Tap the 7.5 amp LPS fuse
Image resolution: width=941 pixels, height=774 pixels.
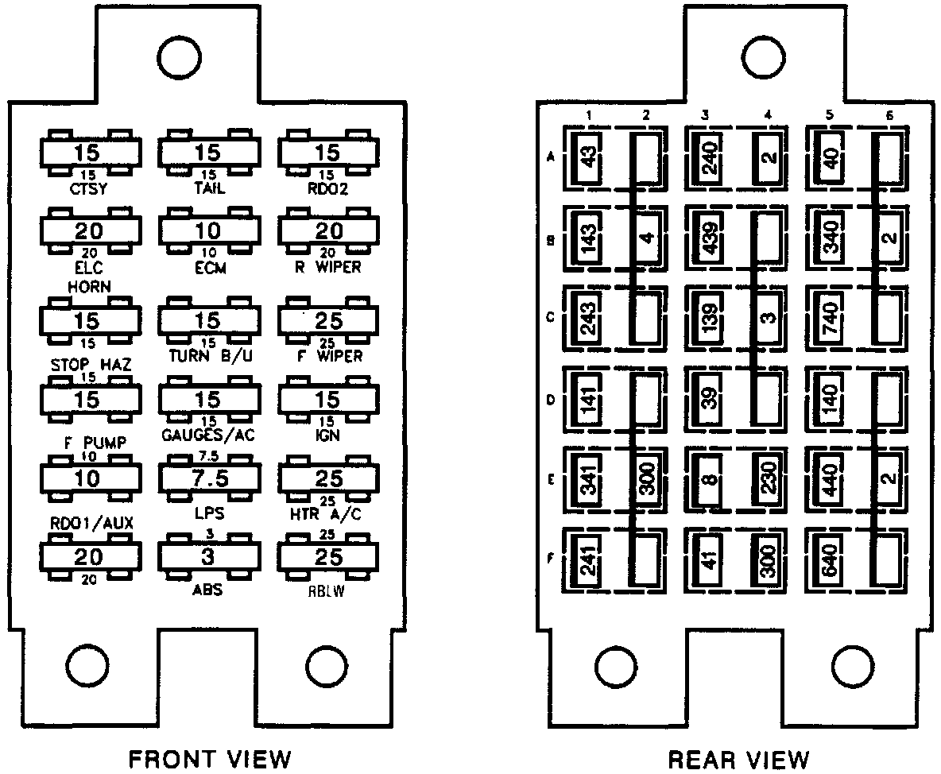[208, 478]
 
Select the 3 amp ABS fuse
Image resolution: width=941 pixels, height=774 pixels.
[208, 557]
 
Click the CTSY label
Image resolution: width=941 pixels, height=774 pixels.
[90, 188]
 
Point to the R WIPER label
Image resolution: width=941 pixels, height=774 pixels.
[328, 268]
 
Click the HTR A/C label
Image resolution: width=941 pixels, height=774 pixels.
[328, 515]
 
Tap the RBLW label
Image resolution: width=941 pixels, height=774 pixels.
[328, 592]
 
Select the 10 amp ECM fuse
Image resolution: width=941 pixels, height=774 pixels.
[208, 231]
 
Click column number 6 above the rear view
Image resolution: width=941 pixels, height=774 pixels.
[889, 116]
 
